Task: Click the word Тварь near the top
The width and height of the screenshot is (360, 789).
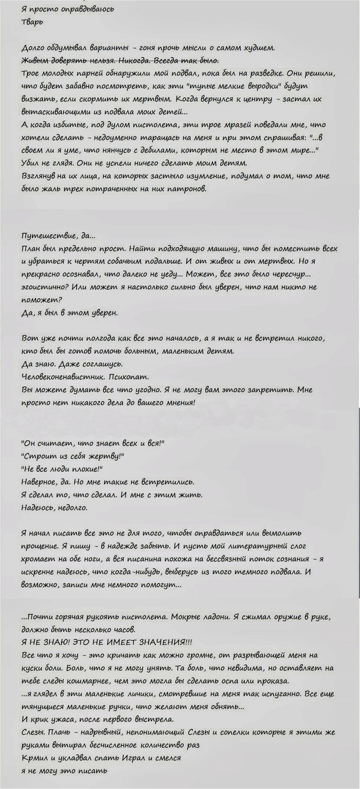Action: click(32, 22)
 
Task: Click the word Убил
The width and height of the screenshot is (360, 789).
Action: click(31, 164)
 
